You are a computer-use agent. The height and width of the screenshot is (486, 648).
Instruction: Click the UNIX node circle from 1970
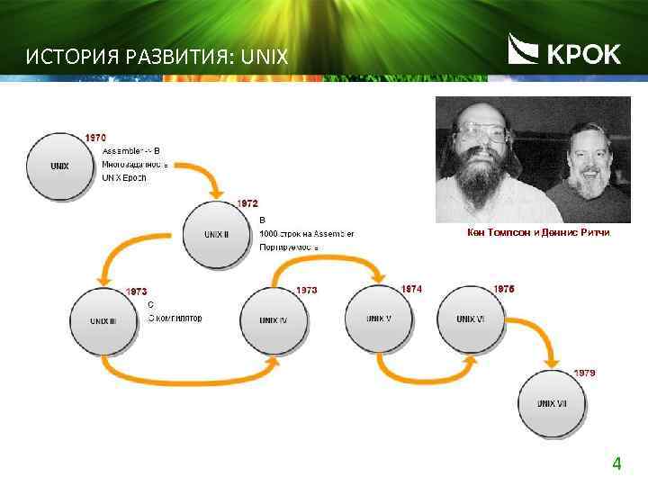[x=60, y=166]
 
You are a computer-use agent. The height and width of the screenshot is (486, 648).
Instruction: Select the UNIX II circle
[x=217, y=234]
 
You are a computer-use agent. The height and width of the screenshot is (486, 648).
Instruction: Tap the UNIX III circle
[x=103, y=319]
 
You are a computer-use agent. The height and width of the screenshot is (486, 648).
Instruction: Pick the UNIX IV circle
[x=274, y=319]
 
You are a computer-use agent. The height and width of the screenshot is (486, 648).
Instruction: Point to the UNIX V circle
[x=379, y=318]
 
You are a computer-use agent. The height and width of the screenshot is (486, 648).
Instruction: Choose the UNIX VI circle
[x=470, y=318]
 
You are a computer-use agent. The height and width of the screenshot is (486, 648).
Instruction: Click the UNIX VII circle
[x=552, y=402]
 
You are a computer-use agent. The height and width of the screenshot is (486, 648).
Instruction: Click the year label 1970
[x=95, y=138]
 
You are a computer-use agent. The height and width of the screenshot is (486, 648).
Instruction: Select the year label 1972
[x=247, y=204]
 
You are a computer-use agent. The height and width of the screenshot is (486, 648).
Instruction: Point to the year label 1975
[x=504, y=289]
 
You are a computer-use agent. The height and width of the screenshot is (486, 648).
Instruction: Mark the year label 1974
[x=411, y=289]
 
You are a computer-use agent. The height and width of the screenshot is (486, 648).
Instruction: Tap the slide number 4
[x=616, y=464]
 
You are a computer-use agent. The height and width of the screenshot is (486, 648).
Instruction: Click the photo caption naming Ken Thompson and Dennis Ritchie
[x=538, y=233]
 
